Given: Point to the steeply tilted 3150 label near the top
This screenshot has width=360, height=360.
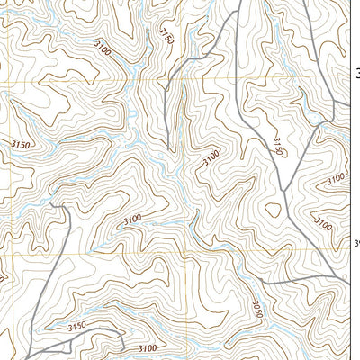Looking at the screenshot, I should click(166, 35).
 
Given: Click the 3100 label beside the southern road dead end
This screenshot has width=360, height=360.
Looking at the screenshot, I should click(148, 347).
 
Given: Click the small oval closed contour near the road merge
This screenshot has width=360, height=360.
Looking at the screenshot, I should click(274, 209).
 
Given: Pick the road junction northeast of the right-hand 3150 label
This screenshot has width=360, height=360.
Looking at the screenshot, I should click(319, 125).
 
